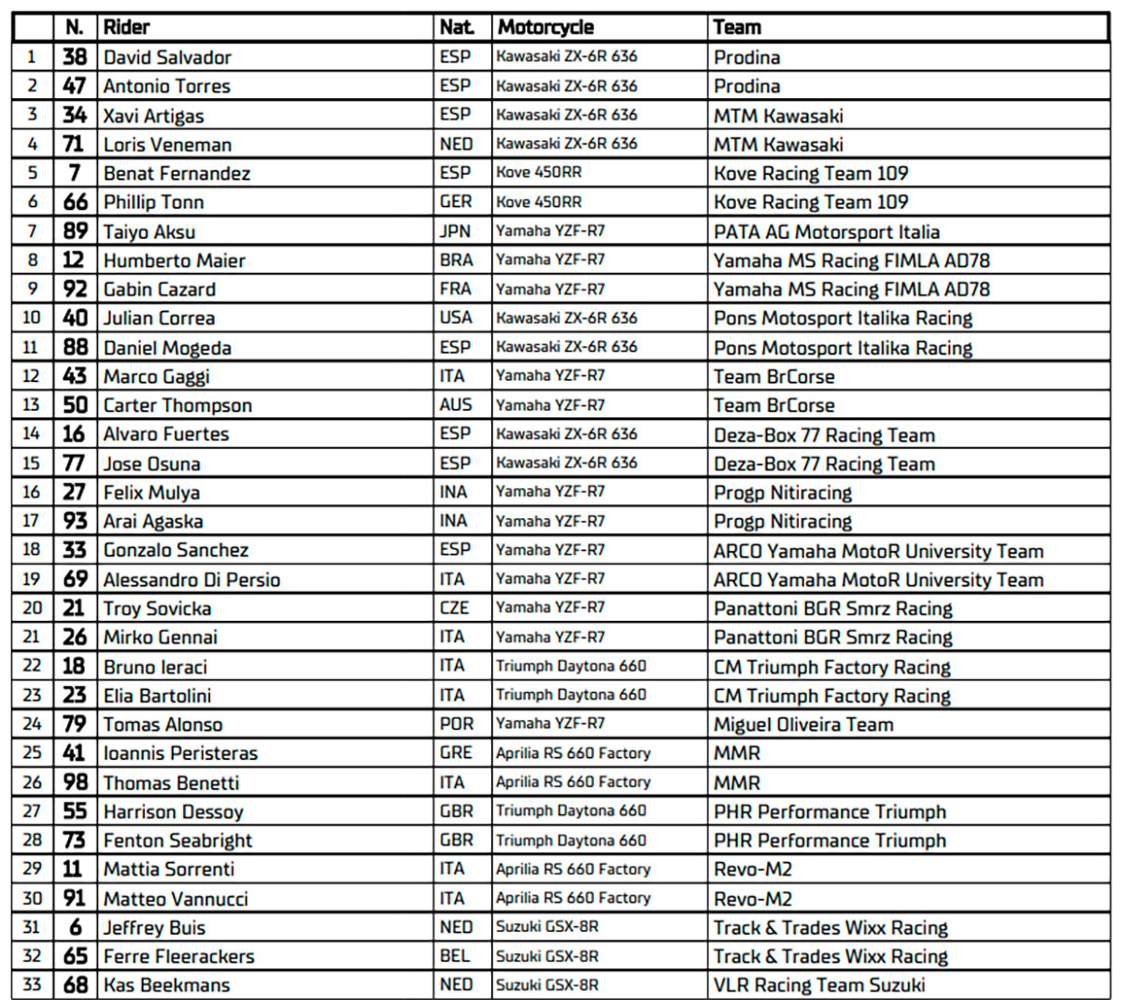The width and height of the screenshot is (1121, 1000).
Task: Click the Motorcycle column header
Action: click(x=546, y=27)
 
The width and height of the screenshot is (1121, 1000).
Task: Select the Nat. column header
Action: click(x=456, y=27)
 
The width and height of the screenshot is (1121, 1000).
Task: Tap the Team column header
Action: click(x=737, y=27)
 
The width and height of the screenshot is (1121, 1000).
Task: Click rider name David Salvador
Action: click(x=167, y=57)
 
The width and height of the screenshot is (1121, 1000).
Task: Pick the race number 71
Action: click(x=74, y=144)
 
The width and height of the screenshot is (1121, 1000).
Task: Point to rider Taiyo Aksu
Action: click(x=149, y=232)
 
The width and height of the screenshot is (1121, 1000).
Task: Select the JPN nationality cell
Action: click(x=456, y=232)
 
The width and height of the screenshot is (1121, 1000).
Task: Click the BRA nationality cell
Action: click(x=456, y=261)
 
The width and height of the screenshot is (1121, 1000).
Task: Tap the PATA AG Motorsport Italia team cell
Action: click(x=827, y=232)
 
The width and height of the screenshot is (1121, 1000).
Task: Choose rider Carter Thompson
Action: click(x=177, y=405)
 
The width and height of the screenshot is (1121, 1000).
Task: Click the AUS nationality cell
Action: click(x=456, y=405)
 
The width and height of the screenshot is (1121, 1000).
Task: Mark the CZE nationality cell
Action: click(x=455, y=608)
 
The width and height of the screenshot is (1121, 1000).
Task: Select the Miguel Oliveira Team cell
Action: click(x=803, y=725)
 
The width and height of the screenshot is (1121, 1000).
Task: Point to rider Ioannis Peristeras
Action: click(x=180, y=754)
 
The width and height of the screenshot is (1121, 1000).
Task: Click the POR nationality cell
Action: click(x=456, y=725)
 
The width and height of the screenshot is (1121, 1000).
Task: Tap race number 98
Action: click(x=75, y=782)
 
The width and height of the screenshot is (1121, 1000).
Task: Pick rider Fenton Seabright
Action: click(x=177, y=840)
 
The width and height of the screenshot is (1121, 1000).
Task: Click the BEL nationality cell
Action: click(x=456, y=956)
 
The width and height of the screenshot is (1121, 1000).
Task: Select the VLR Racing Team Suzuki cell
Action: click(x=819, y=985)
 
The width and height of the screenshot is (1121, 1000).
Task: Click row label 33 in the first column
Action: click(x=32, y=985)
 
